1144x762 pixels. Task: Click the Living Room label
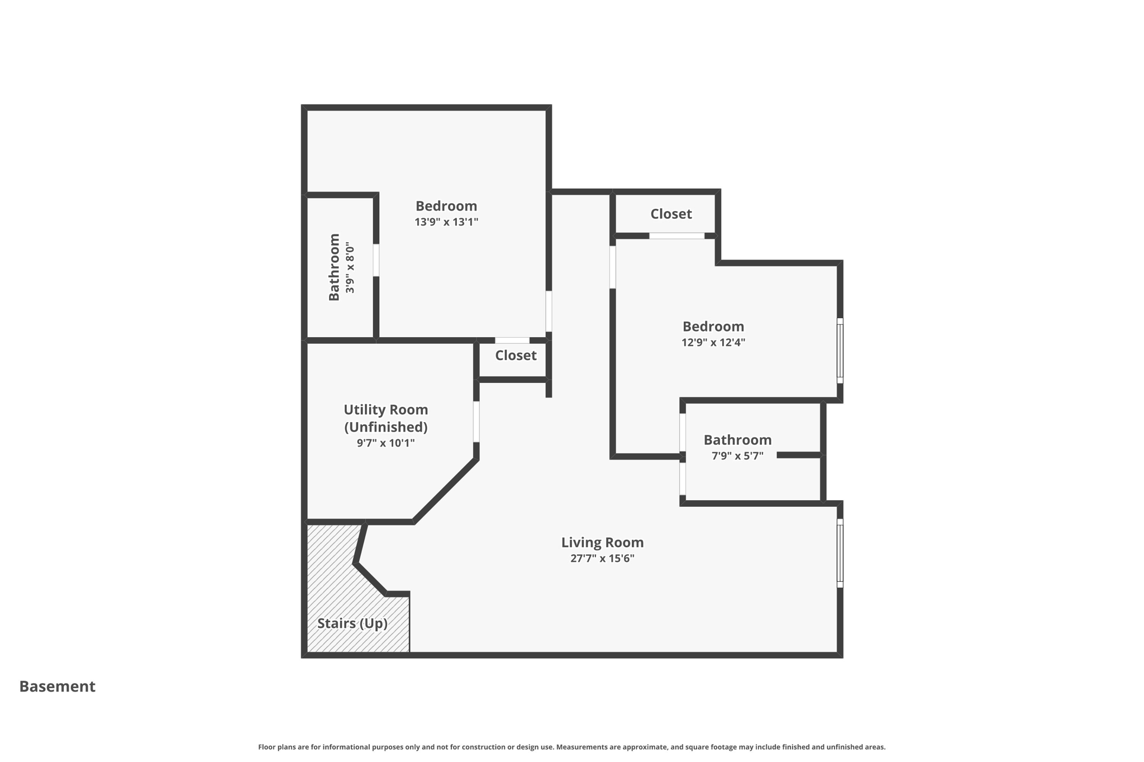[602, 542]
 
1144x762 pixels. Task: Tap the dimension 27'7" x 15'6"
[602, 558]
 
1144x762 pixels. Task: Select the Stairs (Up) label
[352, 623]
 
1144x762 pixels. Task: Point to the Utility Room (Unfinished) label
[385, 418]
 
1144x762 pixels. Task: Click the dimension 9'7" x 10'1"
[385, 443]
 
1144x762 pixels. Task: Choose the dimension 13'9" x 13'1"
[446, 222]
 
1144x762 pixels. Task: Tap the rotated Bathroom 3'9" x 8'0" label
[341, 267]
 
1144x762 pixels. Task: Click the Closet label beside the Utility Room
[515, 356]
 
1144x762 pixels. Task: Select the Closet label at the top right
[670, 214]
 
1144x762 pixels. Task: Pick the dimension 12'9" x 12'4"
[713, 342]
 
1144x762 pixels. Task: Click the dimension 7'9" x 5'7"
[737, 456]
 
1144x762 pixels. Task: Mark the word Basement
[58, 686]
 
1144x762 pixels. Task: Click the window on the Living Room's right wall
[840, 553]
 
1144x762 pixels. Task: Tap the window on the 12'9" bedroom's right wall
[840, 351]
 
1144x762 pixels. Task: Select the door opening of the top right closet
[676, 236]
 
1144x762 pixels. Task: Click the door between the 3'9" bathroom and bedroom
[376, 260]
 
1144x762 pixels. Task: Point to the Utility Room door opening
[476, 421]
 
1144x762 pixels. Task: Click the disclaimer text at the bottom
[571, 747]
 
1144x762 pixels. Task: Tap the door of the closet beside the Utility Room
[512, 341]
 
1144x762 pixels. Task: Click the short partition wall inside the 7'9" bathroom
[799, 456]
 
